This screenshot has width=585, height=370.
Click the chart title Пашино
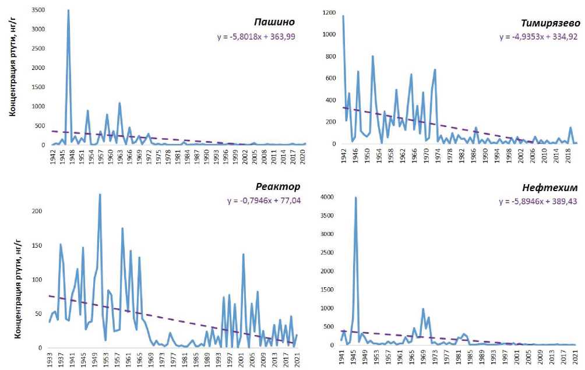274,23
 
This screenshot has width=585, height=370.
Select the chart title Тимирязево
551,23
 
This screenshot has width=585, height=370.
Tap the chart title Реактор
279,187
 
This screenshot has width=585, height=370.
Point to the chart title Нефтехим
551,188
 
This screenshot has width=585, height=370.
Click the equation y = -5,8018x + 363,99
257,37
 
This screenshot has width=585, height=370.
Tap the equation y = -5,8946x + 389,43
540,202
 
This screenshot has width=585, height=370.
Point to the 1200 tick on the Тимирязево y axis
329,12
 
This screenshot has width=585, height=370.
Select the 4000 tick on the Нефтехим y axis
326,198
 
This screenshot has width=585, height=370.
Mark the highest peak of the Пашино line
68,10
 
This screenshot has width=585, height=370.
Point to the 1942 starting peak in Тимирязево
343,16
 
